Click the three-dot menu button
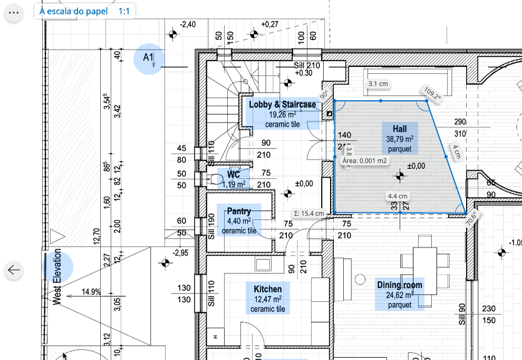pos(14,13)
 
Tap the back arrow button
pos(14,270)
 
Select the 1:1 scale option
pos(124,11)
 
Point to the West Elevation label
pos(57,277)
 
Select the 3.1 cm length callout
pos(378,84)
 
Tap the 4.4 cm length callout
pos(398,196)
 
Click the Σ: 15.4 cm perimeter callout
pos(308,213)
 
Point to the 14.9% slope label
pos(91,291)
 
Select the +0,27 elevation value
pos(269,24)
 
